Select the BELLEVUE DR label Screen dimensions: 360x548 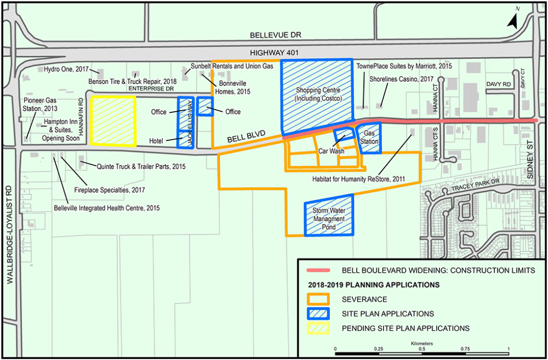click(x=275, y=35)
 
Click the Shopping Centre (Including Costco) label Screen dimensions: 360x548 click(x=317, y=94)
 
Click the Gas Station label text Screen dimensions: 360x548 click(x=369, y=138)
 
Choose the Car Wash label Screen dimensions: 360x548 click(x=330, y=151)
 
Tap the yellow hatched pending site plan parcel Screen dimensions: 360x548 click(x=114, y=121)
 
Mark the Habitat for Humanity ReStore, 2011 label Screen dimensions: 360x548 click(x=358, y=179)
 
